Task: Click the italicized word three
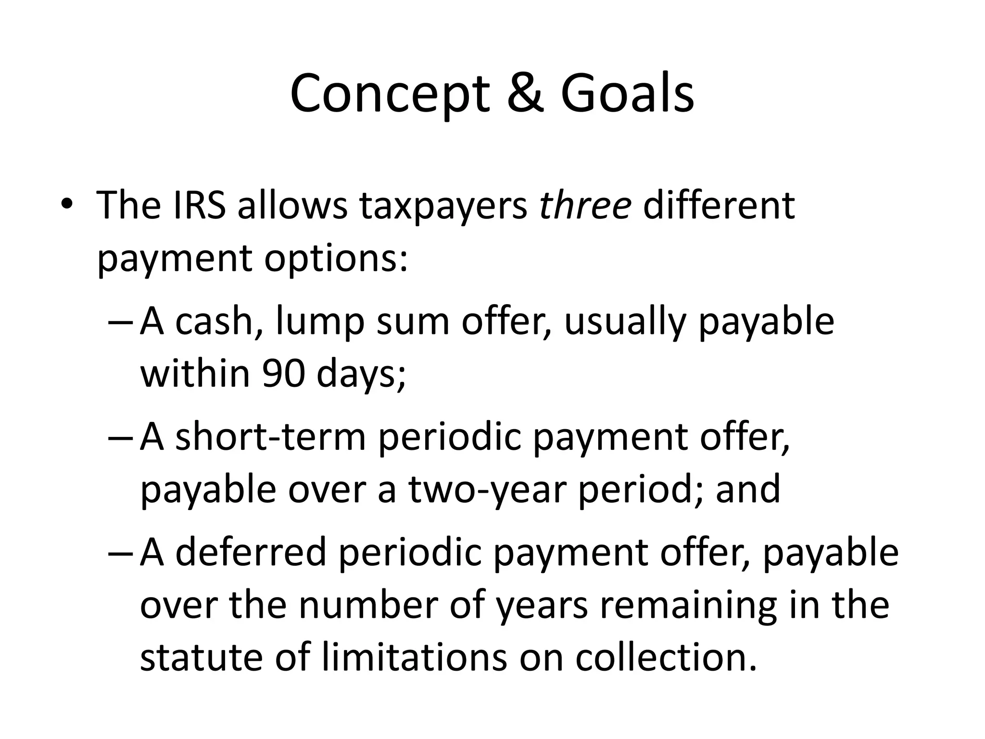585,206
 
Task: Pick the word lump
320,322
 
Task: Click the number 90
283,374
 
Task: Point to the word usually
625,322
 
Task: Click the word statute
201,657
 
